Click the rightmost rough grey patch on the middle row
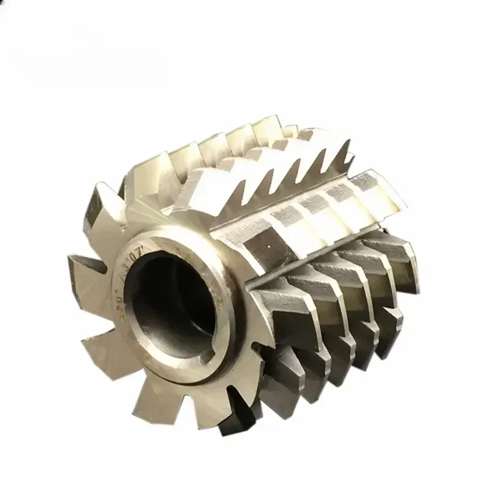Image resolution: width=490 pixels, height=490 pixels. [371, 184]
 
